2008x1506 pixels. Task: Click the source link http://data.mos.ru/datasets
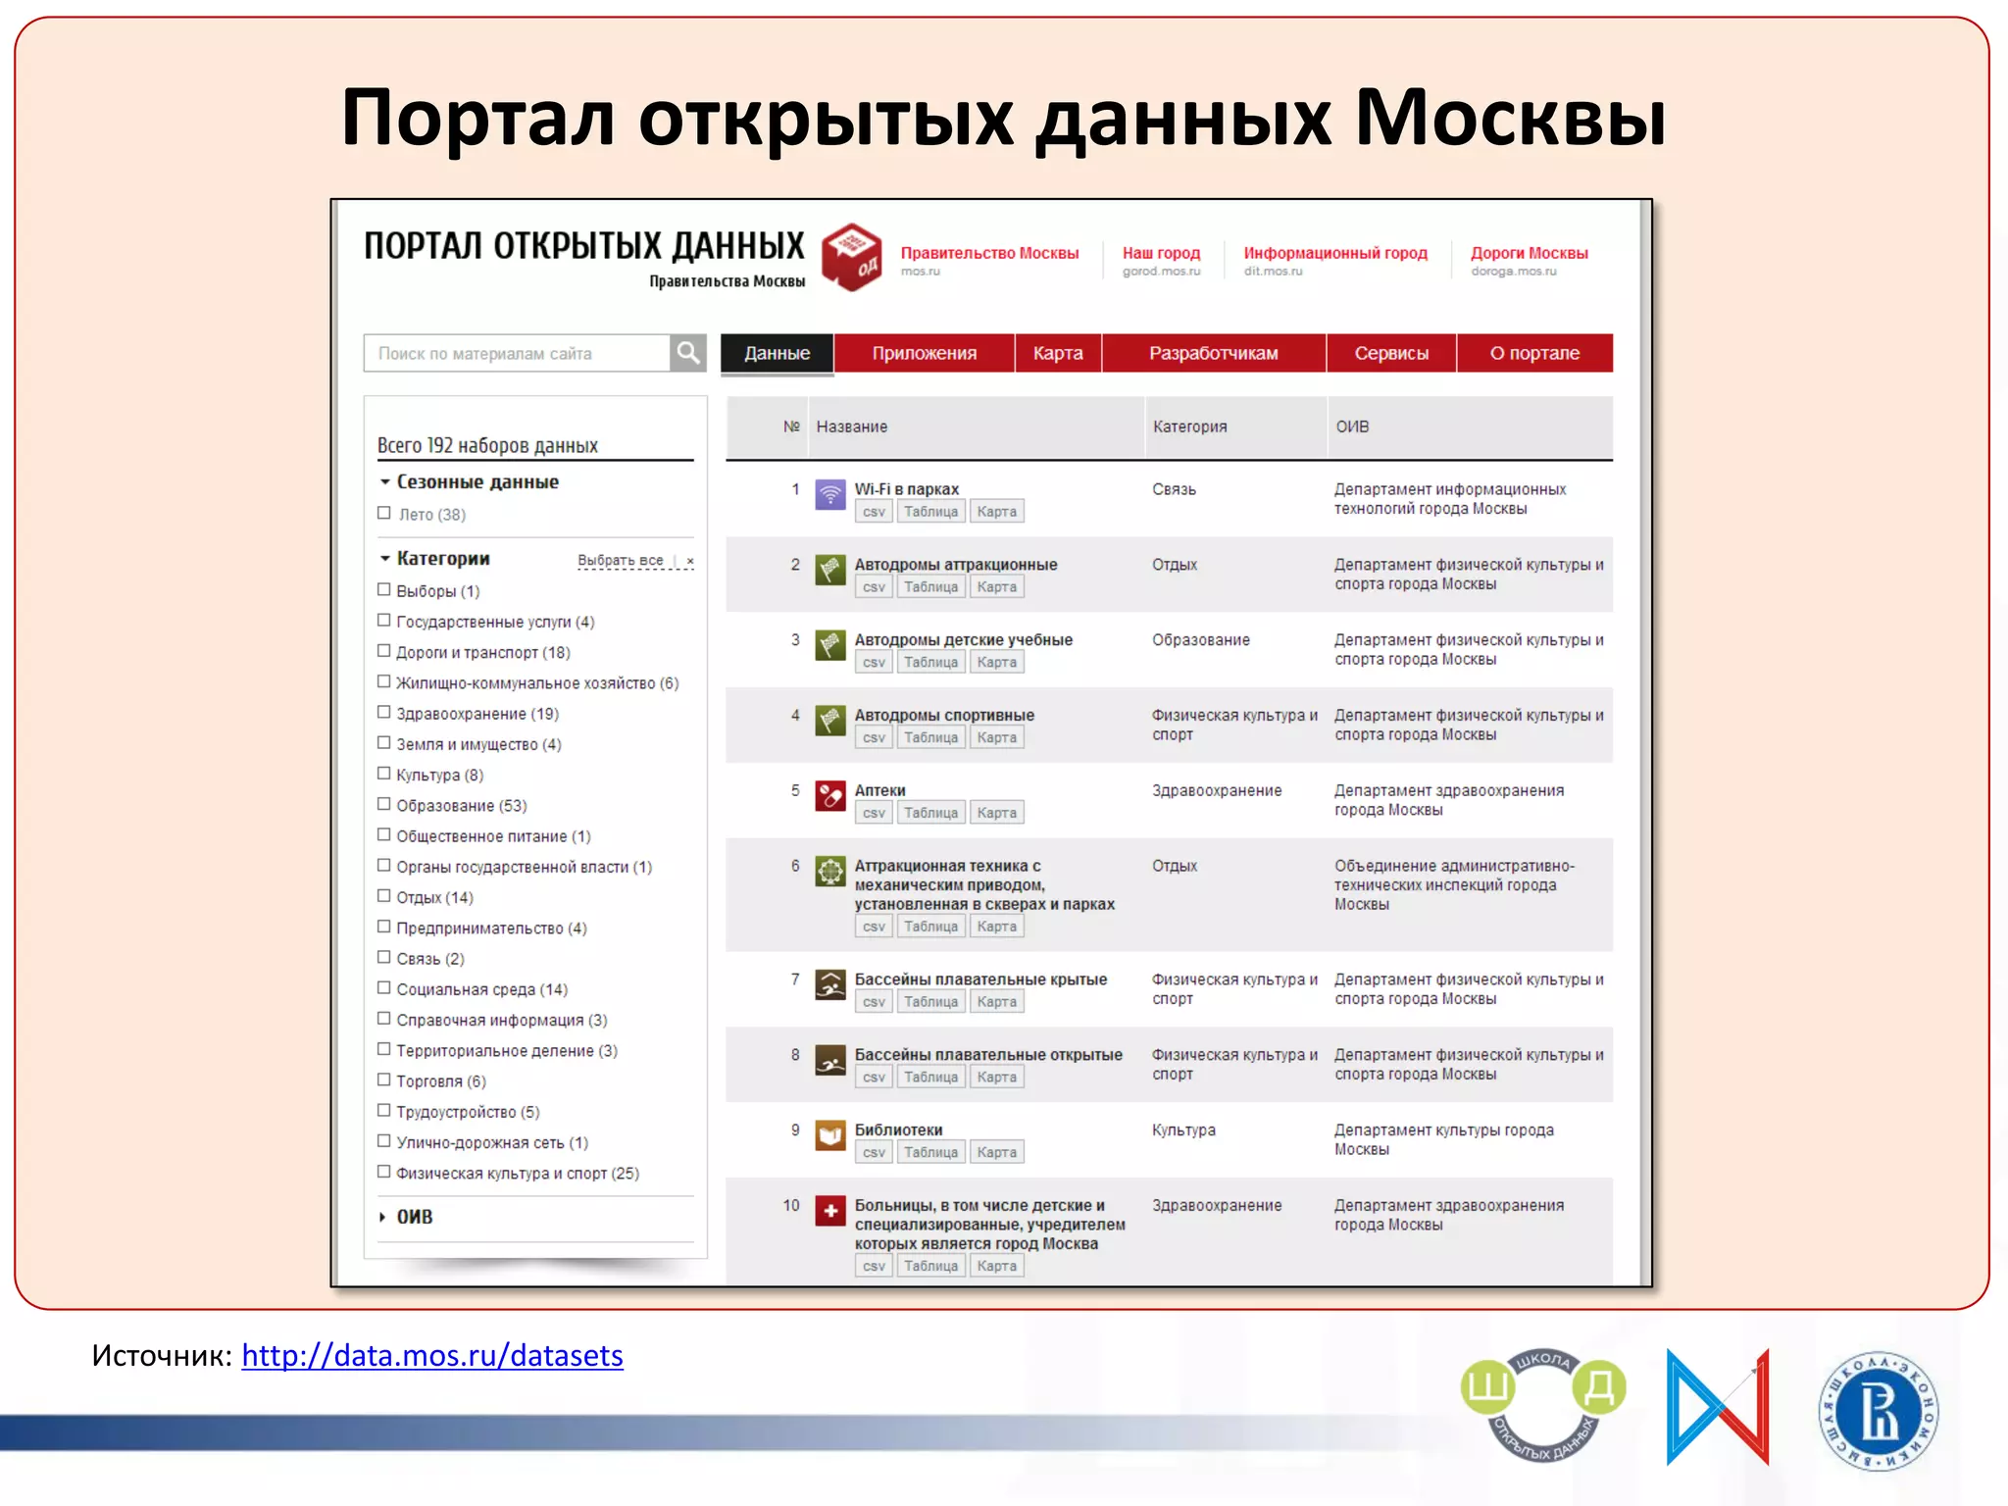[x=431, y=1355]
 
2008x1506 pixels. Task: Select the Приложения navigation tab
[x=924, y=353]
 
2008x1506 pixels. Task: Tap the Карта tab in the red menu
[x=1057, y=353]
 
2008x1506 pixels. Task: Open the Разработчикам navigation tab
[x=1213, y=353]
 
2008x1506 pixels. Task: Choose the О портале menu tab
[x=1534, y=353]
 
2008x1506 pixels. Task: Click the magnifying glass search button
[x=688, y=353]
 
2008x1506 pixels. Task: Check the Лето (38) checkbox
[x=384, y=513]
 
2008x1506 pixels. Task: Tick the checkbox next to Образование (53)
[x=384, y=804]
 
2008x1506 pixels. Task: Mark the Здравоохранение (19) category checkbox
[x=384, y=712]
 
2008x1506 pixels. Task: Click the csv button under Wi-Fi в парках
[x=874, y=512]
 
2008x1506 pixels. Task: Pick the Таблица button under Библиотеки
[x=930, y=1152]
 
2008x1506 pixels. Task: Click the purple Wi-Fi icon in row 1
[x=830, y=494]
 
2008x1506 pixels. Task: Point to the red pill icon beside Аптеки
[x=830, y=795]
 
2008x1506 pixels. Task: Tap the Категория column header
[x=1189, y=427]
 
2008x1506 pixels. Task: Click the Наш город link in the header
[x=1161, y=253]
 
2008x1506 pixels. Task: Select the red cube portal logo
[x=851, y=257]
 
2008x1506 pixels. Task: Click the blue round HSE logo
[x=1878, y=1411]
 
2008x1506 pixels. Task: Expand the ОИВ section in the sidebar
[x=414, y=1217]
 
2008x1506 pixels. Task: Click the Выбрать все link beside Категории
[x=620, y=560]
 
